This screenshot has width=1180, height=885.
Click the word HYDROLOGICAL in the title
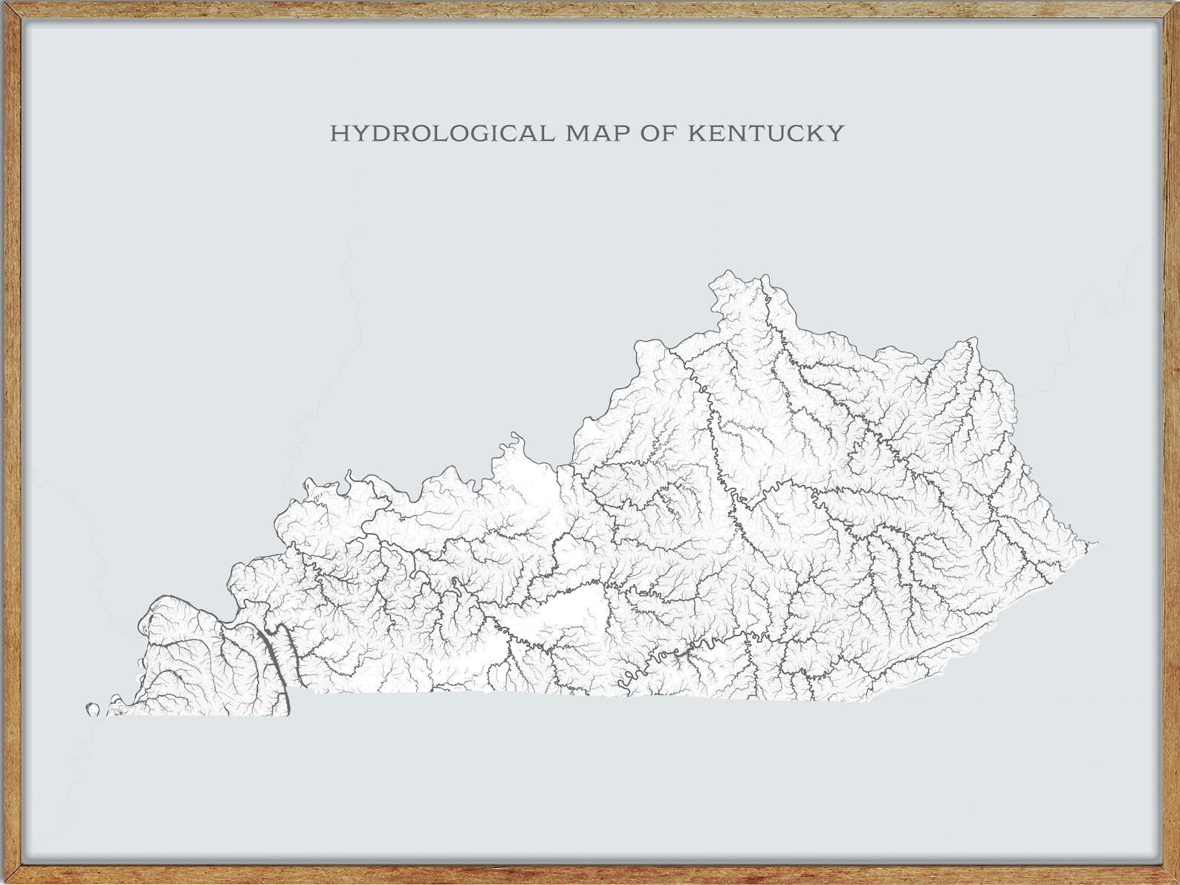[x=441, y=134]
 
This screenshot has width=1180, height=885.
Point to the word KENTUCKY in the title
[x=766, y=134]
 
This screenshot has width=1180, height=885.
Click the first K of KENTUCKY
[x=696, y=134]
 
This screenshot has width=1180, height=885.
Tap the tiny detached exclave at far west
[x=93, y=709]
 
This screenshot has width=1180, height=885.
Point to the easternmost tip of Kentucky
[x=1097, y=544]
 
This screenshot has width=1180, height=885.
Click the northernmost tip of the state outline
[x=730, y=271]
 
